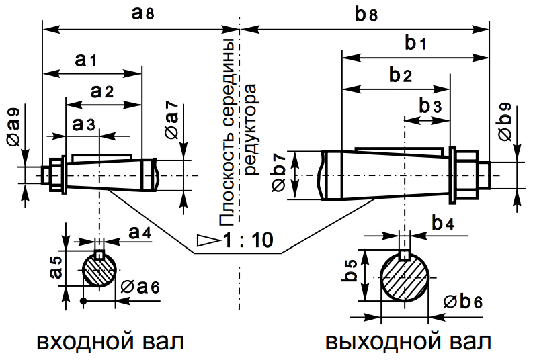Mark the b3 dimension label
431,106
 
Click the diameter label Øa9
14,124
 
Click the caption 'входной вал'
109,341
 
